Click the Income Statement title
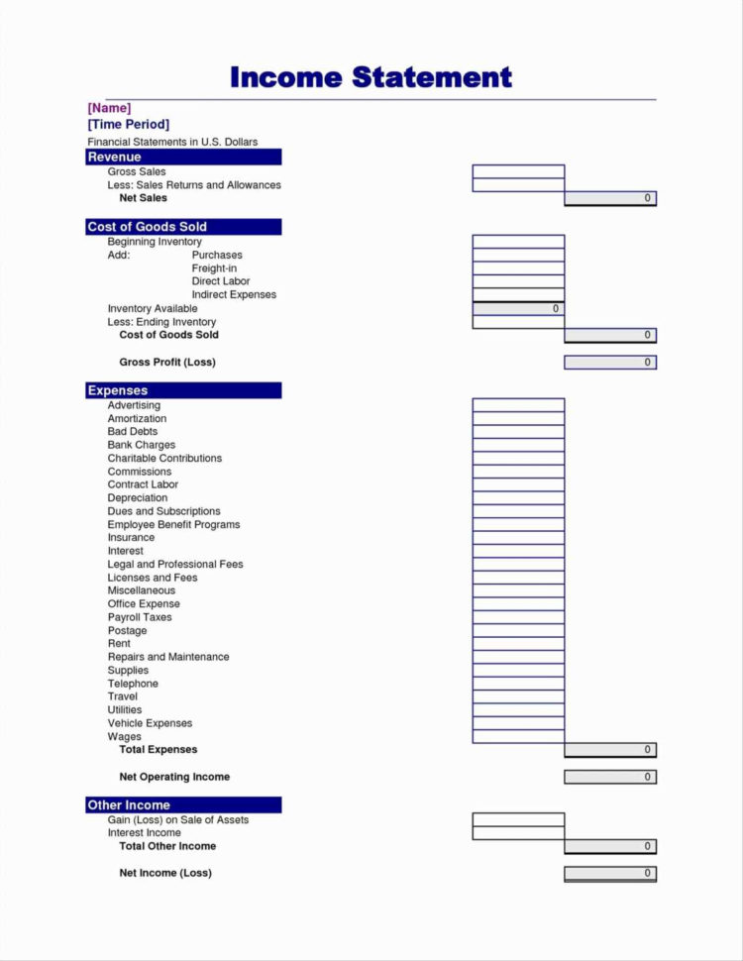(371, 77)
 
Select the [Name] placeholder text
(109, 108)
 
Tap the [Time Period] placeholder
(128, 125)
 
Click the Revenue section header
(183, 157)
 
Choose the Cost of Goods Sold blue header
(183, 227)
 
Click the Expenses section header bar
(183, 390)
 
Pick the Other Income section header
(183, 804)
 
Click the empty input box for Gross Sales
(518, 171)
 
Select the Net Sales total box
(610, 198)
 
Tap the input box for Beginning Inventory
(518, 242)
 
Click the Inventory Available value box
(518, 309)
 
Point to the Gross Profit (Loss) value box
(610, 363)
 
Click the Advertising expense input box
(518, 405)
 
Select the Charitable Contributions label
(164, 459)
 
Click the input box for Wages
(518, 736)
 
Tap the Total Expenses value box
(610, 750)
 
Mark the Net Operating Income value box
(610, 777)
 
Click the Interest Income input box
(518, 833)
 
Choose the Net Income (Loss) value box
(610, 873)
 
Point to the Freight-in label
(214, 268)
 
